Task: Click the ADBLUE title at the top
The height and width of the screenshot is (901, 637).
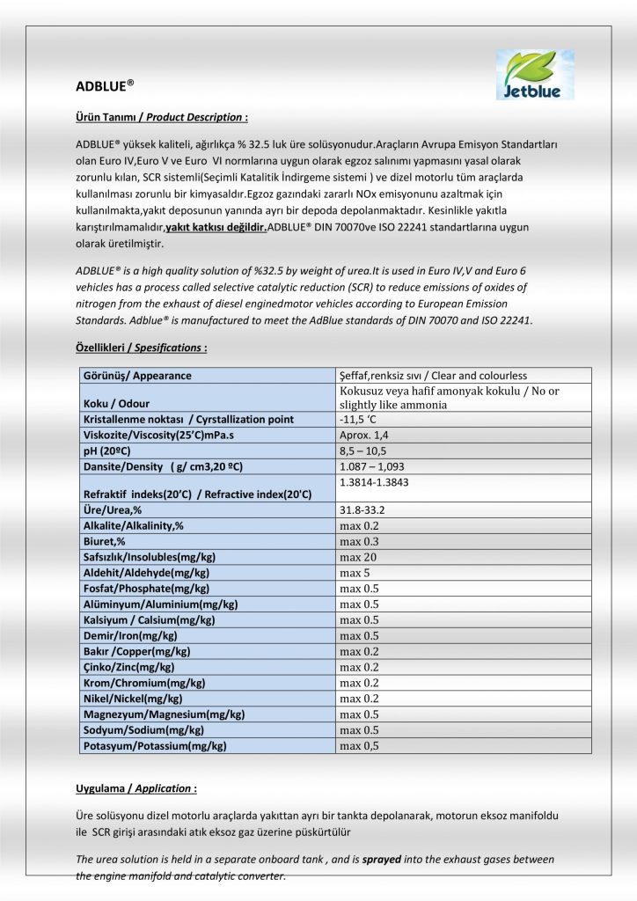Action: pos(105,86)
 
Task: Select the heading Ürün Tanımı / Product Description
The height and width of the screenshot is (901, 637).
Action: pos(161,117)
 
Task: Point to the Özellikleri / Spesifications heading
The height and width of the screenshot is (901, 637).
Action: pos(142,348)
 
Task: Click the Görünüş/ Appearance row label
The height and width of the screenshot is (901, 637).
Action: pos(136,376)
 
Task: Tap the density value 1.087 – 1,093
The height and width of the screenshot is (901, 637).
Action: pos(372,466)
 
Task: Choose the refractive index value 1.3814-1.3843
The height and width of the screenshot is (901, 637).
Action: pos(374,482)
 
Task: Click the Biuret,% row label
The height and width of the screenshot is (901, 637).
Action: pos(104,541)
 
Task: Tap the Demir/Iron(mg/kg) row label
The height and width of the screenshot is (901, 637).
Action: pos(129,635)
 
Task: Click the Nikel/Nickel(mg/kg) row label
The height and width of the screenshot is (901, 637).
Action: pos(132,699)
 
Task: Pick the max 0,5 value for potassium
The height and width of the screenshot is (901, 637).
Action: pos(359,746)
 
